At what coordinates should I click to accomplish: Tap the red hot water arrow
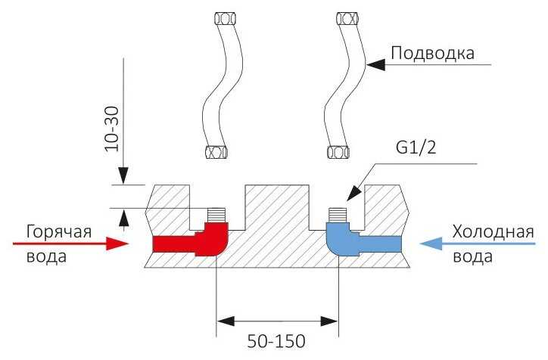pos(72,244)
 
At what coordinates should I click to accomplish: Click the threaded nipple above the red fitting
pos(217,213)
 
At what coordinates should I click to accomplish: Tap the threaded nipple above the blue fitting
pos(338,213)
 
